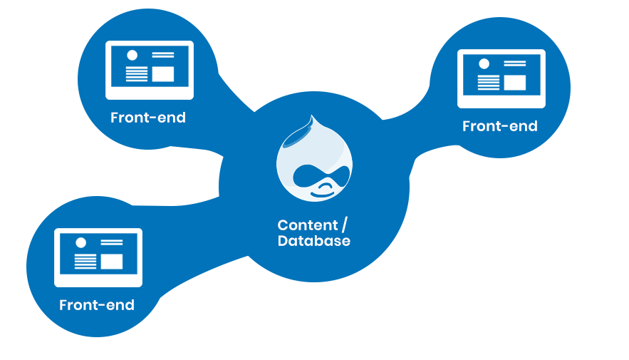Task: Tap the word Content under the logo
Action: pyautogui.click(x=308, y=225)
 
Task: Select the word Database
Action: pyautogui.click(x=313, y=241)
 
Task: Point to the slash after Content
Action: pyautogui.click(x=345, y=225)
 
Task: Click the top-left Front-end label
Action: pyautogui.click(x=148, y=118)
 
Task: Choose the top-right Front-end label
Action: pyautogui.click(x=499, y=126)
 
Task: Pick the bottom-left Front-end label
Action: pyautogui.click(x=97, y=305)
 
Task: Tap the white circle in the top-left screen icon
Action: pyautogui.click(x=132, y=55)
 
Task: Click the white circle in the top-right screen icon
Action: pyautogui.click(x=484, y=63)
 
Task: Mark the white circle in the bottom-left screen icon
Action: pyautogui.click(x=80, y=242)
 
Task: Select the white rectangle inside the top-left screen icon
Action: pyautogui.click(x=162, y=73)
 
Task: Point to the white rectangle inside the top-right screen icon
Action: pyautogui.click(x=514, y=82)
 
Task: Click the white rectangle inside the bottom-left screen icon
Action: pyautogui.click(x=111, y=261)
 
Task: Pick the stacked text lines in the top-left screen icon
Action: pyautogui.click(x=136, y=73)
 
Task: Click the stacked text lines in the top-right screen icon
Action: pyautogui.click(x=488, y=82)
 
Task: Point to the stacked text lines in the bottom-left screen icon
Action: pyautogui.click(x=85, y=261)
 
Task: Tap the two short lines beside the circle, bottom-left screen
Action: pyautogui.click(x=111, y=243)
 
